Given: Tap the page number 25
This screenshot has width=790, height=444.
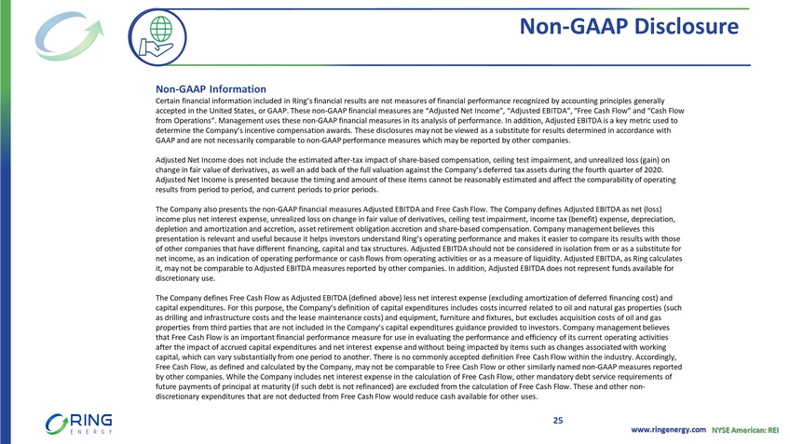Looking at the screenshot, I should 557,421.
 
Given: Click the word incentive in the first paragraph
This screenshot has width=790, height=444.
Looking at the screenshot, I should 254,130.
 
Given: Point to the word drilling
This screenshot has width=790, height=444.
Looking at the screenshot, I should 180,316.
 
